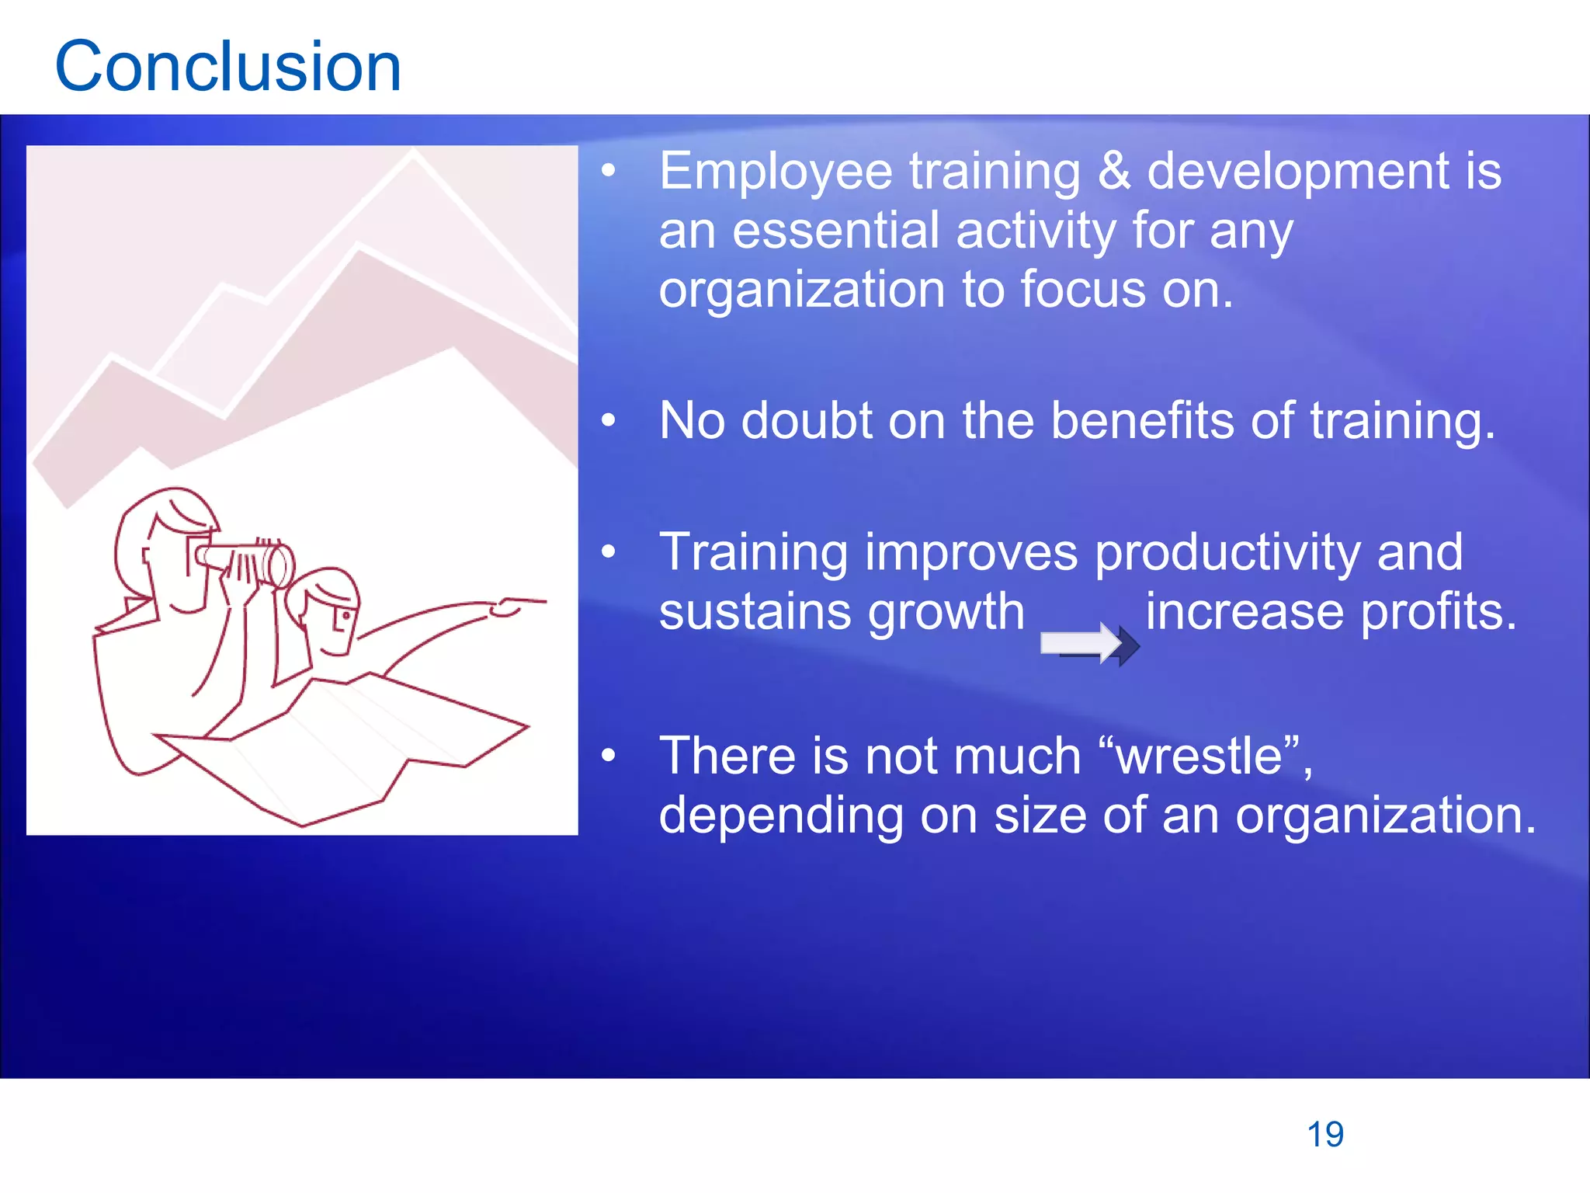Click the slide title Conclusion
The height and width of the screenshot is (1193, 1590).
click(227, 67)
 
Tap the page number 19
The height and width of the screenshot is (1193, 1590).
click(1324, 1135)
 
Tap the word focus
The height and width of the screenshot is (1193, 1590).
click(1082, 290)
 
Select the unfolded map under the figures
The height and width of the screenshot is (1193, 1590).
click(349, 746)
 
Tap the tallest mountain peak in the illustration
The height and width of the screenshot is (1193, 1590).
click(414, 155)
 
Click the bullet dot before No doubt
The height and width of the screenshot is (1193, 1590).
click(609, 421)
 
